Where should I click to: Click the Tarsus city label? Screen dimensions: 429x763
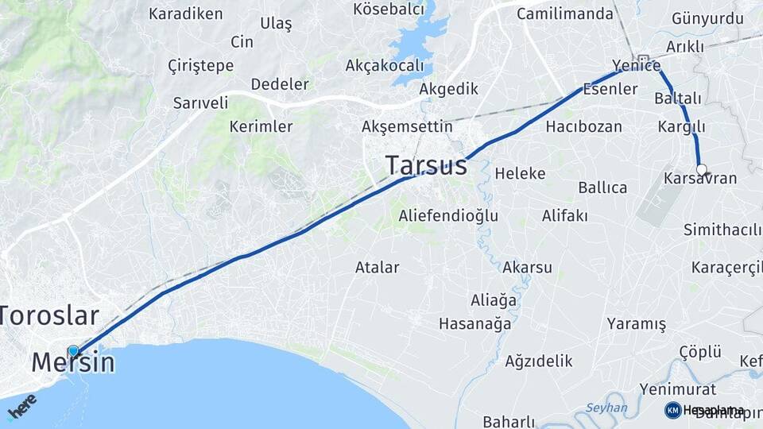click(426, 165)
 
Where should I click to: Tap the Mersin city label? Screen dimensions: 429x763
click(73, 363)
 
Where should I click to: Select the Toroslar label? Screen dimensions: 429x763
click(49, 315)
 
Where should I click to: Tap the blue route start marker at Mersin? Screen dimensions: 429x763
click(74, 350)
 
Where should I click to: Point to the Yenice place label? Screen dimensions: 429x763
click(636, 65)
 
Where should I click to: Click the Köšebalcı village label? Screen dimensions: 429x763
click(389, 10)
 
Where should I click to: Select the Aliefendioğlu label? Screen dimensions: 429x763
click(448, 215)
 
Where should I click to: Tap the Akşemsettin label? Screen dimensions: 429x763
click(407, 126)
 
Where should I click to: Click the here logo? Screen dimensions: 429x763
click(21, 405)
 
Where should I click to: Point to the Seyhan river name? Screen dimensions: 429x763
click(606, 408)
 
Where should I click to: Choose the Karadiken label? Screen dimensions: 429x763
click(186, 14)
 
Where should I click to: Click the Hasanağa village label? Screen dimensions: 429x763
click(474, 323)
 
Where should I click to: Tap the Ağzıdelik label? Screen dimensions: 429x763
click(538, 361)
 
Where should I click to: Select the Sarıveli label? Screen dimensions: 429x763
click(200, 102)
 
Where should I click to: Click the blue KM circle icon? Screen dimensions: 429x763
click(672, 410)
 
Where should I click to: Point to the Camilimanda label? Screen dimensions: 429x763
click(565, 14)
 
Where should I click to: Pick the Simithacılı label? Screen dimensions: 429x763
click(722, 230)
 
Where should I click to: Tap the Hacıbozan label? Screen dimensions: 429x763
click(583, 126)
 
